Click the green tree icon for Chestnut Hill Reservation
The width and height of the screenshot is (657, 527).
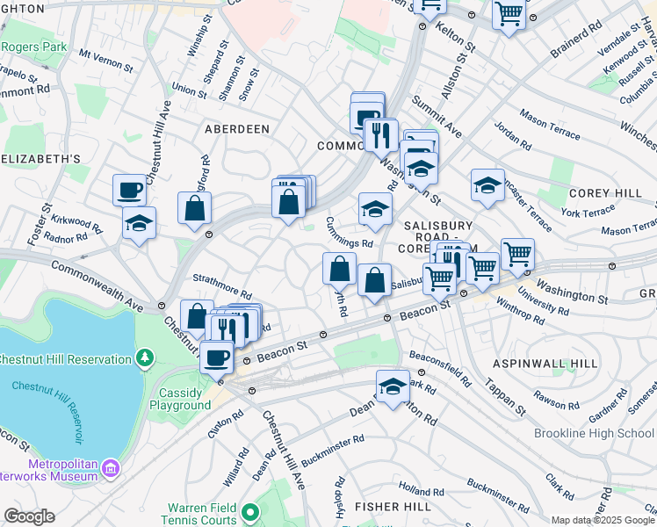[145, 358]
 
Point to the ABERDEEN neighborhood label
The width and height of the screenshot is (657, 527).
[236, 128]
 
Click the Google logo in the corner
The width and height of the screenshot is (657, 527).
[29, 516]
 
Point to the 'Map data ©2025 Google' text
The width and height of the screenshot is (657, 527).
[603, 520]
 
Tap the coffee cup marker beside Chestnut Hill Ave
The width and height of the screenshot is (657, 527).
[130, 190]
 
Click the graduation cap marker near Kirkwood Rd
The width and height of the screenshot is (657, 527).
[139, 224]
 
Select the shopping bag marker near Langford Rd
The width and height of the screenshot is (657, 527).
[195, 208]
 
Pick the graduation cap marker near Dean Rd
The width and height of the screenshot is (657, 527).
[393, 386]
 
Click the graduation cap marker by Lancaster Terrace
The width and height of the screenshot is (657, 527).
[487, 185]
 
